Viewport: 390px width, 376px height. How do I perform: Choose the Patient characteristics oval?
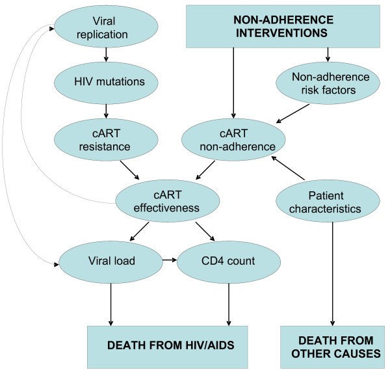(x=333, y=202)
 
